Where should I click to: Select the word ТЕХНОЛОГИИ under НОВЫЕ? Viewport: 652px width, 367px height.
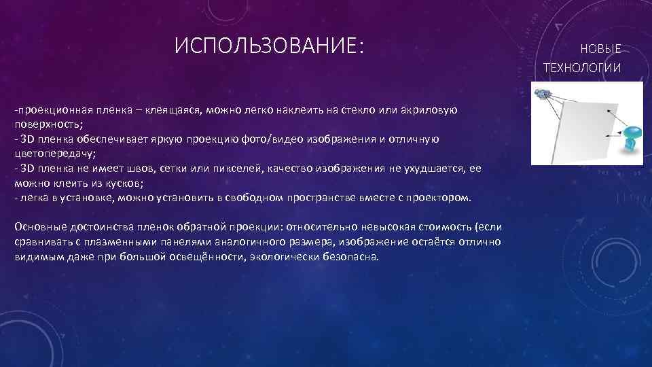582,67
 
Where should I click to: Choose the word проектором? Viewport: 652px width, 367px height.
438,198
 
